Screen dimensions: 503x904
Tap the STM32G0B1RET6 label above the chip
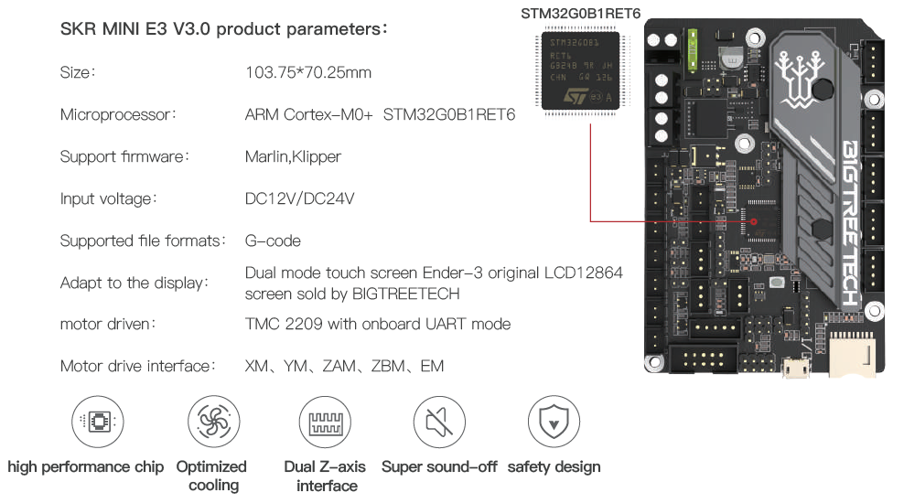click(x=580, y=14)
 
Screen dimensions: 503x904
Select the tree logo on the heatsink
click(x=798, y=71)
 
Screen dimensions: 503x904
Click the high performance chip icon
click(x=97, y=422)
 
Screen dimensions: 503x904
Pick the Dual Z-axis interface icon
click(x=326, y=422)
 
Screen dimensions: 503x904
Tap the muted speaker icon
click(x=439, y=422)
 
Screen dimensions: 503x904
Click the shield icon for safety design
click(x=554, y=422)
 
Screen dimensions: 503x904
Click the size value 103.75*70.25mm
click(x=308, y=72)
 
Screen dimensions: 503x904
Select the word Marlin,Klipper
click(x=293, y=156)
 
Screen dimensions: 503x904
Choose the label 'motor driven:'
click(x=108, y=324)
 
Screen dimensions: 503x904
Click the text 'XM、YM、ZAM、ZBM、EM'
click(x=344, y=366)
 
